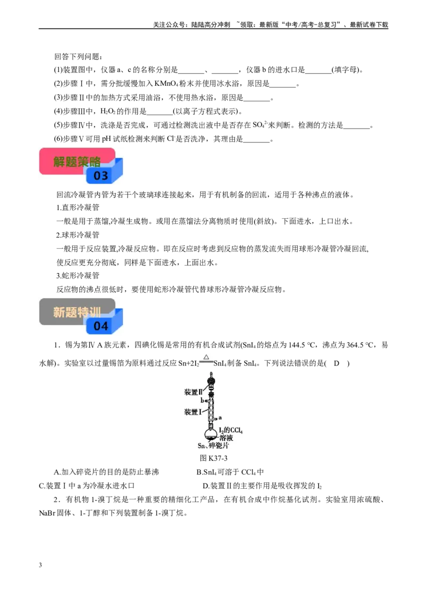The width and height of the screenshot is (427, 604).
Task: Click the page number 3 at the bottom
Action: click(41, 565)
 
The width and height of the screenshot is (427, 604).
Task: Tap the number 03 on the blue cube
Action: click(100, 176)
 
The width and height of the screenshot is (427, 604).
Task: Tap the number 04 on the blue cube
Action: click(100, 326)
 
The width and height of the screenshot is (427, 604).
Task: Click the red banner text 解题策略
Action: click(77, 161)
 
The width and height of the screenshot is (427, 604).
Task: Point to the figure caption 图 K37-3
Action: click(213, 458)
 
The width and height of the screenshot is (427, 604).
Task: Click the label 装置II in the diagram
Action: click(193, 392)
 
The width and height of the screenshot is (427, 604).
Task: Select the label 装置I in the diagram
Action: click(193, 412)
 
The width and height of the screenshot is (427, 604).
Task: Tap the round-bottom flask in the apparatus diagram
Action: click(211, 432)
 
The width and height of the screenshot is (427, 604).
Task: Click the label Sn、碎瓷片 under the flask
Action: click(213, 446)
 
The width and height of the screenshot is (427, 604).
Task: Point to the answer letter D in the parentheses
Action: click(336, 363)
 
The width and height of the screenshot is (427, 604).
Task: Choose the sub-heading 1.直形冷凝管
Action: click(78, 207)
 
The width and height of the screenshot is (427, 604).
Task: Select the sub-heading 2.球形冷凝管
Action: click(78, 235)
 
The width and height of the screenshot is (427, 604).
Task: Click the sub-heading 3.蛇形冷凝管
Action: click(78, 275)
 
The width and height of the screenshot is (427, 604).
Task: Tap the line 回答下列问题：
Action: click(78, 57)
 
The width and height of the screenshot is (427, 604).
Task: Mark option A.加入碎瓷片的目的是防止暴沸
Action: click(106, 472)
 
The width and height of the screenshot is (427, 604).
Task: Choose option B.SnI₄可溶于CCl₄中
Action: click(230, 472)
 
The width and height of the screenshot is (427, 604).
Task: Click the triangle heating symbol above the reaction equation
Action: click(206, 357)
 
